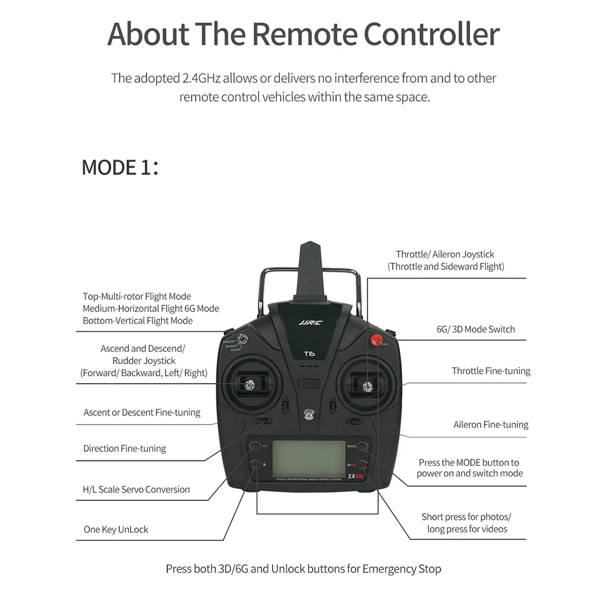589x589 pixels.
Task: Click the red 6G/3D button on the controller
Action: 376,339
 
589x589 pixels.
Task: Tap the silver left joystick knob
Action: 250,383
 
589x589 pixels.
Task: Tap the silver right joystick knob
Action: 367,386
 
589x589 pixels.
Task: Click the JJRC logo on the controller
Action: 310,323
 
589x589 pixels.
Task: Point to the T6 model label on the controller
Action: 309,353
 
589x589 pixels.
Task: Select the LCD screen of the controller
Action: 308,458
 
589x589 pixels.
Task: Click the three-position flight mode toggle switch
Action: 244,339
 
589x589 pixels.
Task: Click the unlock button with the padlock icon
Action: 255,464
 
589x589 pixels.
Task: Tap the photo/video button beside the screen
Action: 363,464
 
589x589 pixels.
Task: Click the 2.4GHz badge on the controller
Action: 356,476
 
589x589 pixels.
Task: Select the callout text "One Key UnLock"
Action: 116,530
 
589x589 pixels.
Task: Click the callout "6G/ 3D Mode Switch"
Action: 475,329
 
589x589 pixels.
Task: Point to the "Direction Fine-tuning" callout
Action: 124,449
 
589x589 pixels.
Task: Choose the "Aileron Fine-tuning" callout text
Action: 490,425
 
